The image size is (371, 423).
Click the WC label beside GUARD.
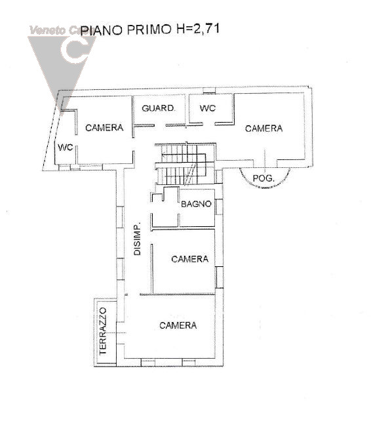click(x=208, y=108)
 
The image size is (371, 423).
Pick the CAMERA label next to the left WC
click(x=104, y=128)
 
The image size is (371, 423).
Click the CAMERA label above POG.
click(x=264, y=129)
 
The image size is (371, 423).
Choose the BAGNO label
click(x=195, y=204)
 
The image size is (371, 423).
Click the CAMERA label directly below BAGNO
click(x=189, y=259)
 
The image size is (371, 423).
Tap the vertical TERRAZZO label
click(x=102, y=332)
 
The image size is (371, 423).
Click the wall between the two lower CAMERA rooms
click(x=174, y=294)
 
